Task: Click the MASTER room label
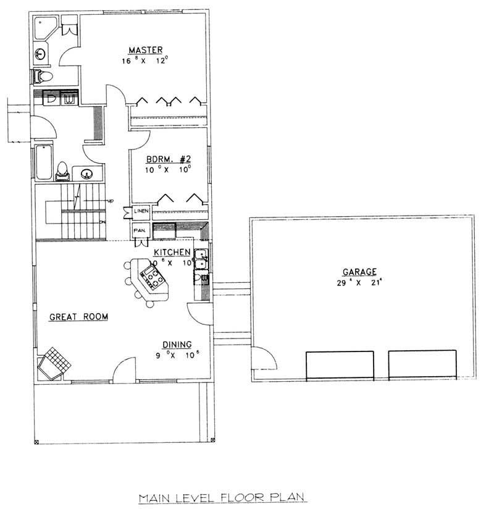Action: [x=146, y=49]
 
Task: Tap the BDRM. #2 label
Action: [x=164, y=158]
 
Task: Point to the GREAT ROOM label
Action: [x=79, y=317]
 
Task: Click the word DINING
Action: [x=177, y=344]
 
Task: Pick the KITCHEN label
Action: [x=171, y=252]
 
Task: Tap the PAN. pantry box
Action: [x=140, y=231]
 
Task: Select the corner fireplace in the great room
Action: [x=54, y=363]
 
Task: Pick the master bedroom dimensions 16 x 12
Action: [x=146, y=61]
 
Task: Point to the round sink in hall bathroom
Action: [x=86, y=174]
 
